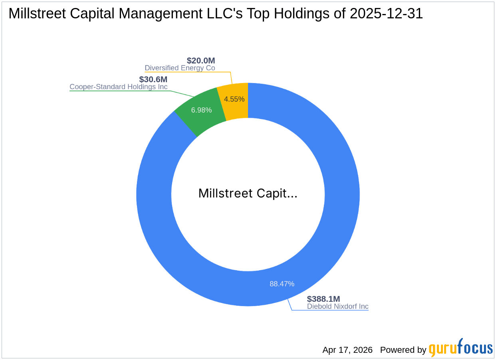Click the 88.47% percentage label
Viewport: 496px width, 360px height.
tap(282, 284)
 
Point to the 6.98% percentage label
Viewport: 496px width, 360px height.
tap(201, 110)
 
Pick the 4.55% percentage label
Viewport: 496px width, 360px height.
tap(234, 99)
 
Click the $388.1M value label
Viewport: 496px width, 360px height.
tap(323, 299)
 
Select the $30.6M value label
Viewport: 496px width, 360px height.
tap(153, 79)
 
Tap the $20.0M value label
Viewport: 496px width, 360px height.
tap(201, 61)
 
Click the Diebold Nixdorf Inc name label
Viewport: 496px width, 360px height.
tap(338, 307)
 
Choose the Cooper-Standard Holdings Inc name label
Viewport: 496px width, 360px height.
tap(119, 87)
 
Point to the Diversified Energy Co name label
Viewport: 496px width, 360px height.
tap(180, 68)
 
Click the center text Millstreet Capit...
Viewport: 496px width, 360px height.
tap(248, 194)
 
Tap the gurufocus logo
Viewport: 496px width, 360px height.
tap(461, 348)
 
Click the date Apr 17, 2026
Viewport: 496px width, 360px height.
tap(347, 350)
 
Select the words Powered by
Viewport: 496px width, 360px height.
tap(403, 350)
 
